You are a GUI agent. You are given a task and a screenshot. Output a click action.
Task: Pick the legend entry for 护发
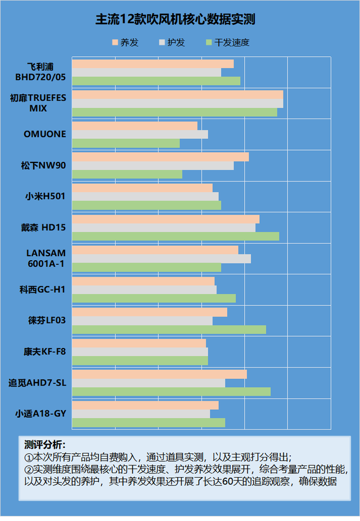(172, 43)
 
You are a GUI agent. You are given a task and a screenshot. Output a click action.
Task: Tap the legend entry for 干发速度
(227, 43)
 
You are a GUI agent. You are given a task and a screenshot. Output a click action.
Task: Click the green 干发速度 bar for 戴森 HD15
(175, 237)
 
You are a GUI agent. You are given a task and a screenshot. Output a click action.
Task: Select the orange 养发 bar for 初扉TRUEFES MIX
(177, 95)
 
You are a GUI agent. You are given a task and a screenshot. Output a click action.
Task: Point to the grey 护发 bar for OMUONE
(139, 134)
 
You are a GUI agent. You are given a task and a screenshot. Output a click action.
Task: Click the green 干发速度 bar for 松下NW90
(127, 174)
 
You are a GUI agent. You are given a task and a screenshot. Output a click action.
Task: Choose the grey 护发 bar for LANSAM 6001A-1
(161, 259)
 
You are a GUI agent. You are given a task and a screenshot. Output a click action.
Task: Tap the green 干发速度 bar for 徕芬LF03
(169, 329)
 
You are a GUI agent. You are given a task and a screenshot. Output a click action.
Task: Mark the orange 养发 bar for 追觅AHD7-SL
(159, 374)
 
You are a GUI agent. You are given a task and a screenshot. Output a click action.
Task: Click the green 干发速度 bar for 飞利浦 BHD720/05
(156, 81)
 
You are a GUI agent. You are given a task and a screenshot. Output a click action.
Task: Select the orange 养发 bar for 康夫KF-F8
(138, 343)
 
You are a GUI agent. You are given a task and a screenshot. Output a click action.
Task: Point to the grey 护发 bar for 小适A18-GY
(141, 414)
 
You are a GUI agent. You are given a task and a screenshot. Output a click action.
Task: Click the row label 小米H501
(45, 197)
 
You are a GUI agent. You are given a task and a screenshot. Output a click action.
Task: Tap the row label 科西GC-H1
(43, 290)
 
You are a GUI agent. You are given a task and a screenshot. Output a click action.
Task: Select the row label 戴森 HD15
(43, 228)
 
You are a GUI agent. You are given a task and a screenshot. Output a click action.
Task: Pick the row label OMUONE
(44, 134)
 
